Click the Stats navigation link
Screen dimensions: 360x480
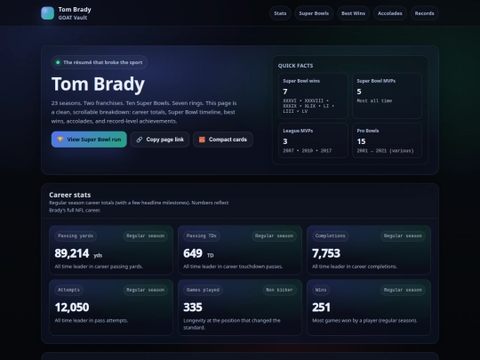click(x=281, y=13)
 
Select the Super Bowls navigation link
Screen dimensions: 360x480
click(x=313, y=13)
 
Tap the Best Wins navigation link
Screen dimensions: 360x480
click(x=353, y=13)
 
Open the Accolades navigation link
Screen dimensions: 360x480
click(x=389, y=13)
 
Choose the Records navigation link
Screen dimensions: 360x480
click(x=425, y=13)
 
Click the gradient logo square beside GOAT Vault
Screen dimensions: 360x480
click(x=47, y=13)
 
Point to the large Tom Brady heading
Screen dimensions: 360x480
click(x=98, y=84)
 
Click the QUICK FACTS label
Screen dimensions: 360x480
click(x=296, y=66)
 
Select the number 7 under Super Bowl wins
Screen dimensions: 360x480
click(x=285, y=92)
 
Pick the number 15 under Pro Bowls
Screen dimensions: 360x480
click(x=362, y=141)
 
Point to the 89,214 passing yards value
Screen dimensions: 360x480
click(x=71, y=253)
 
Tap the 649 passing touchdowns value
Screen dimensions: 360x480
click(x=193, y=253)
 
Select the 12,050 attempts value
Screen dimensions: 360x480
click(x=71, y=307)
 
